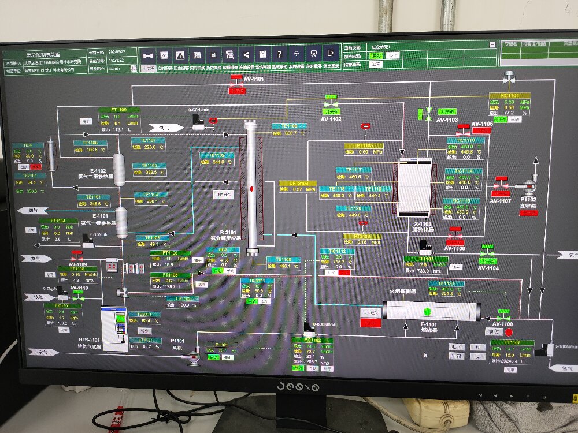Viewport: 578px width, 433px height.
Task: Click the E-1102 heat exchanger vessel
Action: [120, 170]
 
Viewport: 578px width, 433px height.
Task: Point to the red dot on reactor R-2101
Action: [251, 189]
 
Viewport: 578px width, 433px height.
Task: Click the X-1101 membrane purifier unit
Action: [414, 186]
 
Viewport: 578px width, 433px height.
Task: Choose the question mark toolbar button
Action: [279, 54]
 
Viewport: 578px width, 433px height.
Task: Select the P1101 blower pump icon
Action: [192, 358]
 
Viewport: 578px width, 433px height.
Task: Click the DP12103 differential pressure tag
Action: [298, 184]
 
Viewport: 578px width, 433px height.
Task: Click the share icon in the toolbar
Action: [246, 54]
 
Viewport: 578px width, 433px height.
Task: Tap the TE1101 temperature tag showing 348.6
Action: [93, 197]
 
